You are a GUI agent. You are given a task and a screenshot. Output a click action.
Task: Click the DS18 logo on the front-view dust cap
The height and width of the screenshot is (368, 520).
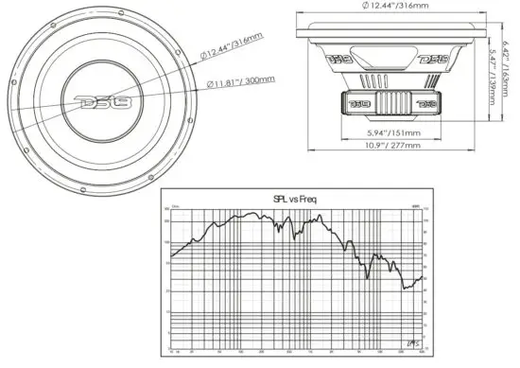[98, 98]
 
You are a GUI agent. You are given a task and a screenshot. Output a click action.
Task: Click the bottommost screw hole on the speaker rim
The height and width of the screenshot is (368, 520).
[98, 187]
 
